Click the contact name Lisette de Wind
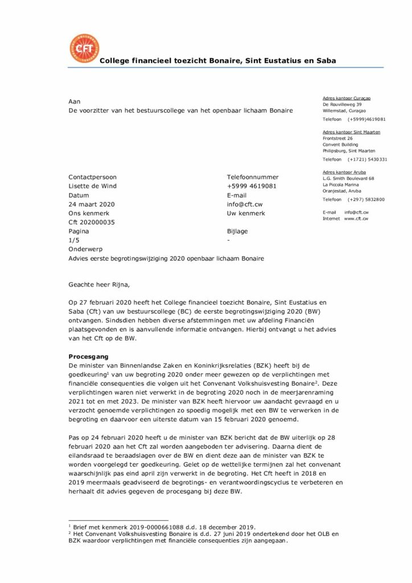92,186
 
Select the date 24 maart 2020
92,204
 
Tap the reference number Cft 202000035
92,223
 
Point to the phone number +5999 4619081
252,186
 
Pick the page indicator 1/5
73,241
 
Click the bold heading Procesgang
89,356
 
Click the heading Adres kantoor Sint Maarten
352,132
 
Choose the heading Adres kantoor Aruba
344,172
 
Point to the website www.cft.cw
356,219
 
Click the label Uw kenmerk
246,214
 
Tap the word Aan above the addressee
75,101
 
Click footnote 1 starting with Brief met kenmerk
164,527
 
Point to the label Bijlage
237,232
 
